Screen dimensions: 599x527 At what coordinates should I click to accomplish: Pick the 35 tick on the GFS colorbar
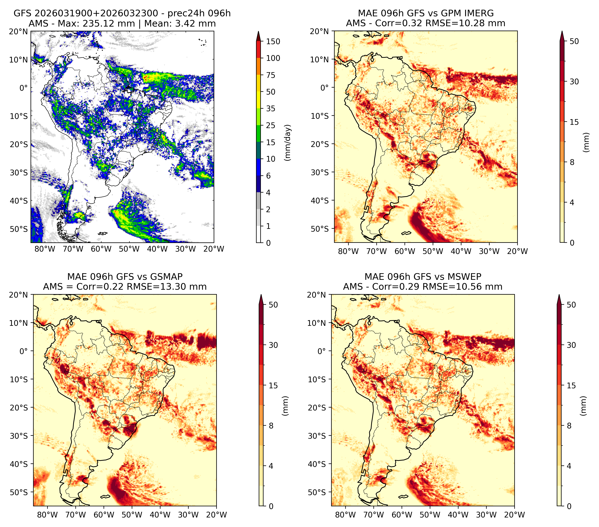click(x=271, y=108)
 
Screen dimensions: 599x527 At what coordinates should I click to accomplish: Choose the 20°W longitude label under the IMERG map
click(x=517, y=251)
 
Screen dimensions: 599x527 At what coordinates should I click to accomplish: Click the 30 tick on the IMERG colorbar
click(x=574, y=82)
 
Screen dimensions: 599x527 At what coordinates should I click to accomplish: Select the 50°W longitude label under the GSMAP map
click(x=132, y=515)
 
